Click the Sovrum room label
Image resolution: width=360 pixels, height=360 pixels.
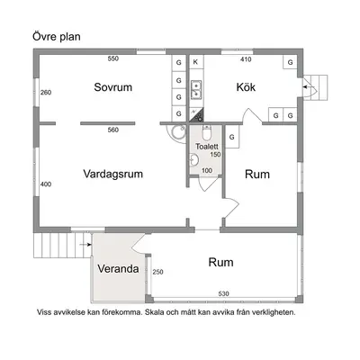(x=113, y=87)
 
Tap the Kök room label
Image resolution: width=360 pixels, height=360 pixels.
(x=246, y=87)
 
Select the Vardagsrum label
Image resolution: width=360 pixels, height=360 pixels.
(x=112, y=174)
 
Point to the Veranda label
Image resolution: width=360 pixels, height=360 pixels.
(x=118, y=269)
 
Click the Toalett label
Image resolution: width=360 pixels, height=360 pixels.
(x=207, y=147)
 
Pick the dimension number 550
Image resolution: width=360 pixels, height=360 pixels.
(x=113, y=58)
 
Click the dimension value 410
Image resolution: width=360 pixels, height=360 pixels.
(x=246, y=59)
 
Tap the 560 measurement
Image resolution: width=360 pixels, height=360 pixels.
(x=113, y=130)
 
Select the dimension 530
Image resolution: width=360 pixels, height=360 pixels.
(x=223, y=293)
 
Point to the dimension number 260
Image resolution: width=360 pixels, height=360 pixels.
(x=46, y=93)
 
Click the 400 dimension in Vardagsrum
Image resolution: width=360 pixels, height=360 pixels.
(x=46, y=184)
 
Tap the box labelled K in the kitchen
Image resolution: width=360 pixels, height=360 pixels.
(x=196, y=62)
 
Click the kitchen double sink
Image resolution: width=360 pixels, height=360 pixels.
(x=196, y=89)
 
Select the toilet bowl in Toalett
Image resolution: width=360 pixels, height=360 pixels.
(x=207, y=133)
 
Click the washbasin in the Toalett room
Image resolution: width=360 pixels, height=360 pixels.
(x=193, y=159)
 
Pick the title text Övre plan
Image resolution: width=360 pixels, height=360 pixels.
(x=57, y=37)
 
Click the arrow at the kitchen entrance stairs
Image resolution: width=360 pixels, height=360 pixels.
(x=307, y=87)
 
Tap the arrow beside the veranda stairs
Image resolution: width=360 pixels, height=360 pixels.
(x=85, y=245)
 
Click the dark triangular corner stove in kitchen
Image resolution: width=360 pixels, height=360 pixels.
(x=198, y=116)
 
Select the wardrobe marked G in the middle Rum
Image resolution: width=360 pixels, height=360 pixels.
(x=232, y=137)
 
